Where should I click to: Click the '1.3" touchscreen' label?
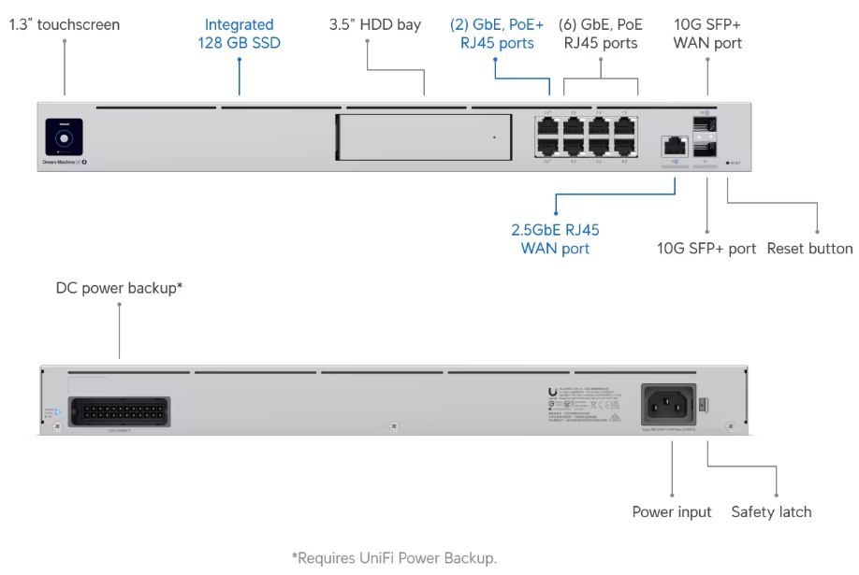[x=65, y=25]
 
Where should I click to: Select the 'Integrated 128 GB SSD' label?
[x=239, y=34]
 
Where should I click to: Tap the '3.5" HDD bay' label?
[x=375, y=25]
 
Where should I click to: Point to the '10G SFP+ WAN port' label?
[x=708, y=34]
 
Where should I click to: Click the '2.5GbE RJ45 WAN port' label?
[x=555, y=238]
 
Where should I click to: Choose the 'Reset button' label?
[x=809, y=249]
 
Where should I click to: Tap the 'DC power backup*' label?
[x=119, y=288]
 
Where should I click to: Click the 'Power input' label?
[x=672, y=511]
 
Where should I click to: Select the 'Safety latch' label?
[x=771, y=511]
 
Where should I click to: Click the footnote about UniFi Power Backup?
[x=394, y=558]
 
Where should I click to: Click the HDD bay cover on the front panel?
[x=422, y=138]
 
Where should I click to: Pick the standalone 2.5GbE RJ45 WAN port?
[x=673, y=145]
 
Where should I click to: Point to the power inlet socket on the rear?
[x=668, y=405]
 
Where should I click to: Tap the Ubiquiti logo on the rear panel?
[x=554, y=395]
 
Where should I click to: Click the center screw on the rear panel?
[x=394, y=427]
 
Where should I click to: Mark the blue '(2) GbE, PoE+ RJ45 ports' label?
[x=497, y=34]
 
